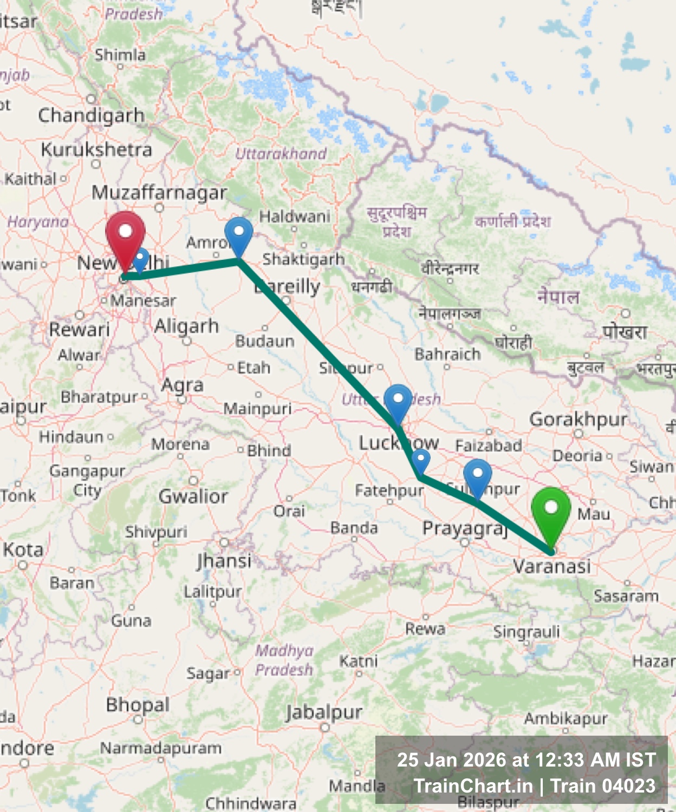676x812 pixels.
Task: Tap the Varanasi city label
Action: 551,566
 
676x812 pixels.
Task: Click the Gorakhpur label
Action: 578,419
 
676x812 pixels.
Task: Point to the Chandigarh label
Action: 91,115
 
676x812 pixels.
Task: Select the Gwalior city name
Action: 193,496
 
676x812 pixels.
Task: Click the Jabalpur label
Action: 324,712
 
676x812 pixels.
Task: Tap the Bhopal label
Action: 138,705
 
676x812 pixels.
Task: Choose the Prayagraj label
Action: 465,528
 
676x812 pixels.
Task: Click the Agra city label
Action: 183,385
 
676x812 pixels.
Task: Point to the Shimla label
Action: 120,55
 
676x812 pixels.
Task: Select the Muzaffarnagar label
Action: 159,192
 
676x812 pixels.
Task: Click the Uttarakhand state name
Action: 281,154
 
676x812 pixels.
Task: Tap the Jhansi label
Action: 224,560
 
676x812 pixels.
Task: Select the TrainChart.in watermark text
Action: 473,786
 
